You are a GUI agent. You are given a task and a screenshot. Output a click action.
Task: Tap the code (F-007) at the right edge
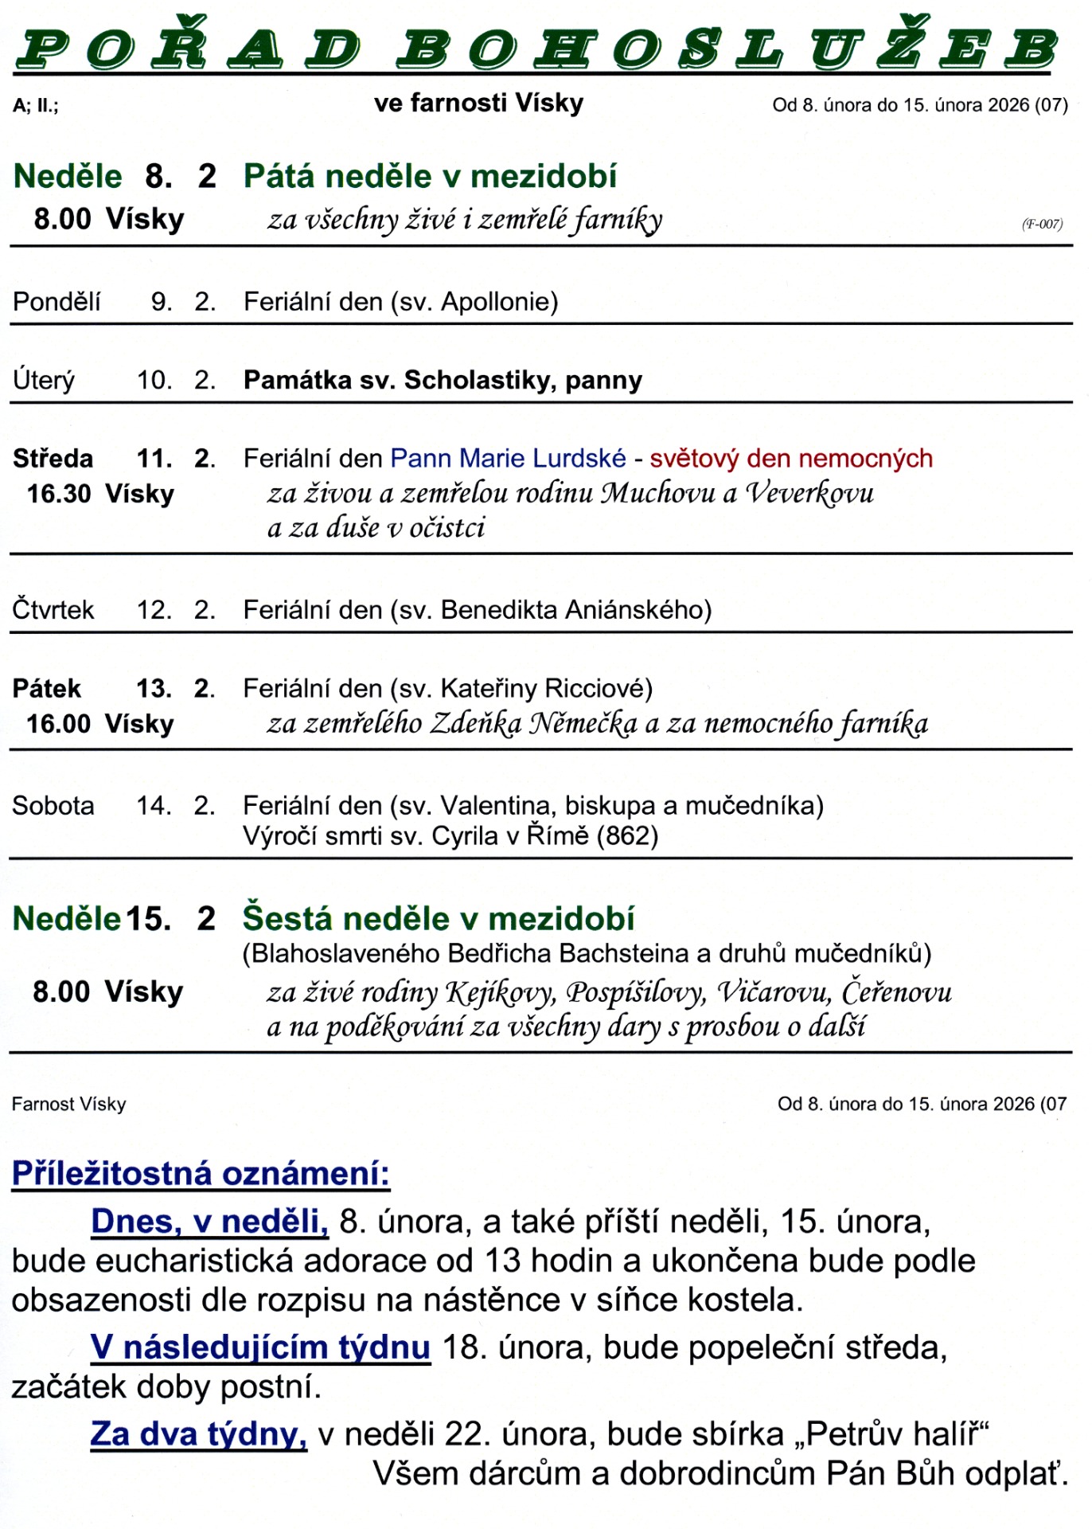(1042, 225)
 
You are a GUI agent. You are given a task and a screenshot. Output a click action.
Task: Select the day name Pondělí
(57, 302)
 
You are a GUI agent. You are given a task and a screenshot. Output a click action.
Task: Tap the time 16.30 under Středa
(59, 494)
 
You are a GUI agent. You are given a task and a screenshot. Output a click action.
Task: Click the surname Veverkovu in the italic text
(809, 494)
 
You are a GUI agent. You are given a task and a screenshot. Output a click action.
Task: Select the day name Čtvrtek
(53, 610)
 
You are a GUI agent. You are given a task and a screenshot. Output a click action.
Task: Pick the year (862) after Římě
(627, 836)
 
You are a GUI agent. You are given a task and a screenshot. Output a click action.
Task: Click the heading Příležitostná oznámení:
(201, 1174)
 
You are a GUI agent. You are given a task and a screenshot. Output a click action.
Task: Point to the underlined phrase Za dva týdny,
(198, 1434)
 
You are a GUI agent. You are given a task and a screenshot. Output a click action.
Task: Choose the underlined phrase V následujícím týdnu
(260, 1347)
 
